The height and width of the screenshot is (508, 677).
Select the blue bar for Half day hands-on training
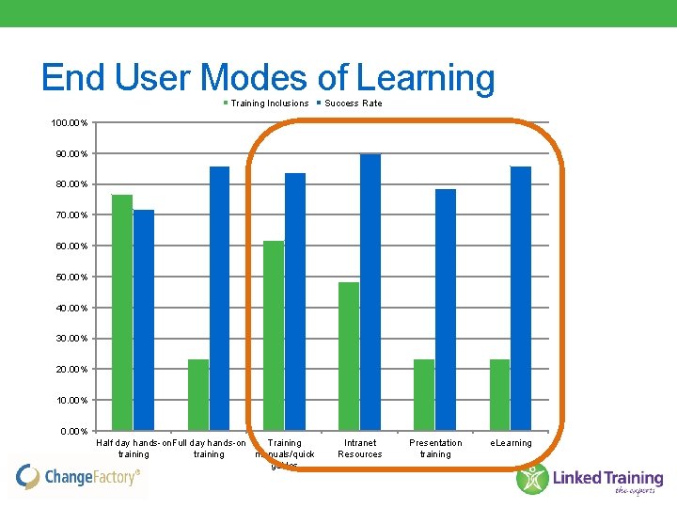point(144,320)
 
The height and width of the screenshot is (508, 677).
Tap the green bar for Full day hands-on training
point(198,395)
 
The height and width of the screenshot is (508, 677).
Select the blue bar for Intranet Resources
point(370,292)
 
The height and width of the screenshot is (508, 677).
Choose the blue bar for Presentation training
point(446,310)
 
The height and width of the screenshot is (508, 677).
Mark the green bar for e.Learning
point(499,395)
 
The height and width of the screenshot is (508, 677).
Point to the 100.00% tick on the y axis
point(71,123)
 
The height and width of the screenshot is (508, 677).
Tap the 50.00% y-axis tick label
point(71,278)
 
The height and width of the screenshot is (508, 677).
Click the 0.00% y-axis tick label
point(73,432)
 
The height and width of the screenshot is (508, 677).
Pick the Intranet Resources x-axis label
point(360,448)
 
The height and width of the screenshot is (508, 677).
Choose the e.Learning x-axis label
point(512,443)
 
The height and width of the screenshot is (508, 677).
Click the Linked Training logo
point(590,479)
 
